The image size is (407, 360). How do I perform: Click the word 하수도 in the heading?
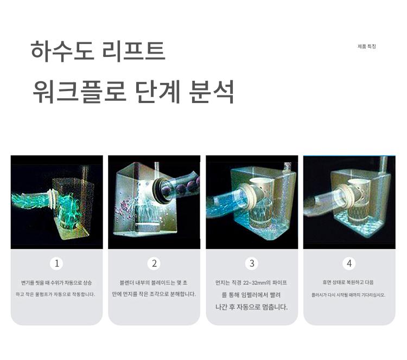pos(62,52)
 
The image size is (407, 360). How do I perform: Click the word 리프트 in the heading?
pos(133,52)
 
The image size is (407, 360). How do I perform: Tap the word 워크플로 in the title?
pos(80,92)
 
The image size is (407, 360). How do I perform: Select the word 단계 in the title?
pos(158,92)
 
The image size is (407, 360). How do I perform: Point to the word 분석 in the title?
pos(212,92)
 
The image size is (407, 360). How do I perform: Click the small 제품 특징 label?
pos(367,47)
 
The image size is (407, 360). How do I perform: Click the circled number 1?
pos(56,263)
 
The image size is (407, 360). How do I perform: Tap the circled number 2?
pos(154,263)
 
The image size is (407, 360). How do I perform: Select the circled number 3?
pos(252,263)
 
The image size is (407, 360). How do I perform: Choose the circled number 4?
pos(349,263)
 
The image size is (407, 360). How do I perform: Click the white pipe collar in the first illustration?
pos(52,199)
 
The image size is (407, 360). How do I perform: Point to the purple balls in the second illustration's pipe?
pos(180,188)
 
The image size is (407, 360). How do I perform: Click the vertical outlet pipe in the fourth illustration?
pos(384,165)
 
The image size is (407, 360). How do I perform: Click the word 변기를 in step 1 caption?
pos(28,282)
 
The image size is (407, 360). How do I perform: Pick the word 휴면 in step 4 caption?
pos(327,282)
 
